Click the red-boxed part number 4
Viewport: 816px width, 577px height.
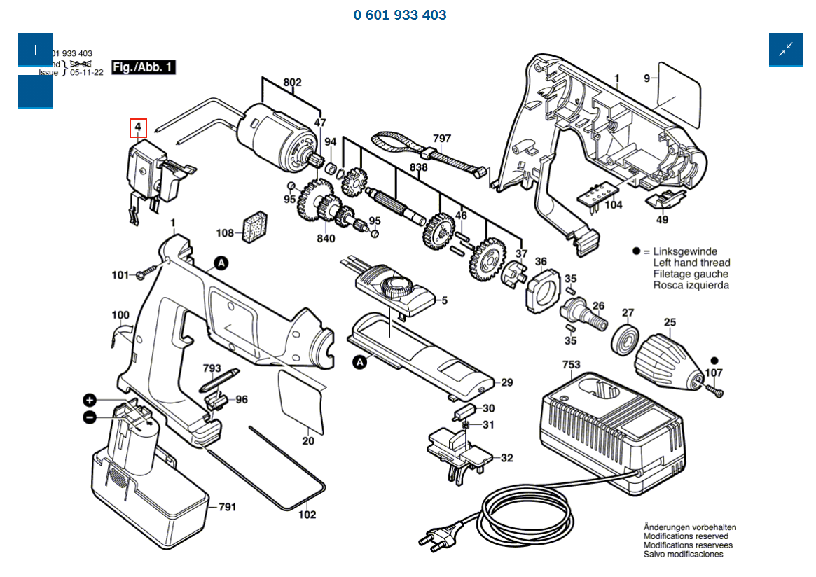(138, 127)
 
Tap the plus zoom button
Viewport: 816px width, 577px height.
(35, 50)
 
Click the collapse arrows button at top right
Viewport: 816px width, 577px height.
(785, 49)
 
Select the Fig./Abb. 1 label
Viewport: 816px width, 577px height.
(144, 67)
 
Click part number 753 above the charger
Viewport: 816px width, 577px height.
(571, 365)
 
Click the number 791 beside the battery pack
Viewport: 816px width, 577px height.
(227, 506)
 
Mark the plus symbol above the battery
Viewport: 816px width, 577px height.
(90, 401)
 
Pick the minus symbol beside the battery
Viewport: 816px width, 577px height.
(90, 417)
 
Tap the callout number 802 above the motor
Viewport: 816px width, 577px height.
(292, 83)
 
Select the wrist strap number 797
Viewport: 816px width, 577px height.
(442, 139)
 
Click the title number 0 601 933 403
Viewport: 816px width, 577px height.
(400, 15)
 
